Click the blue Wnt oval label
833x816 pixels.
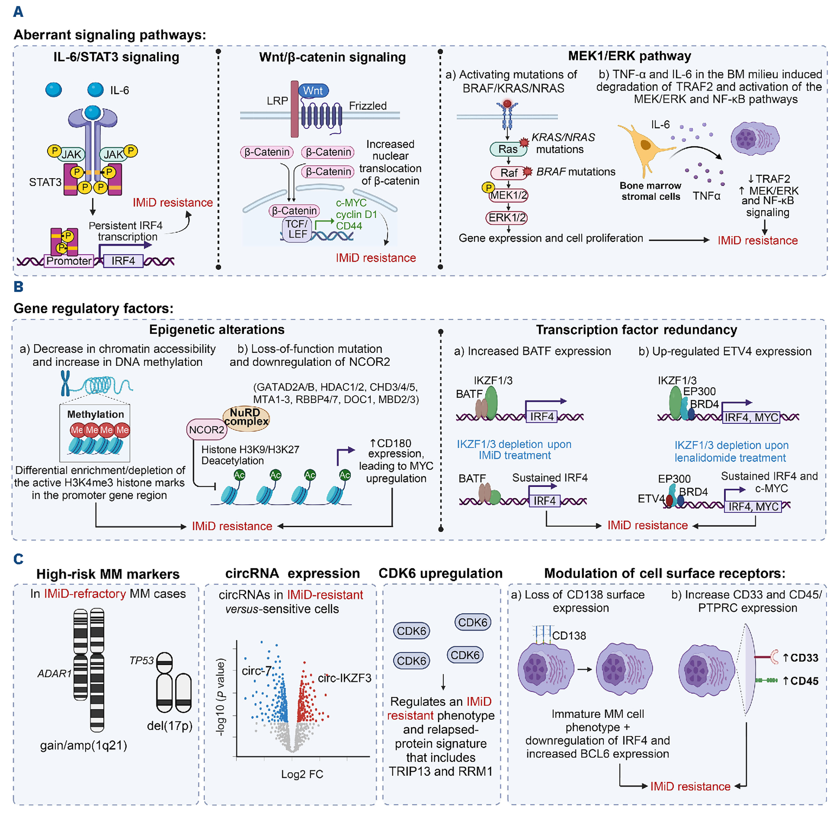313,91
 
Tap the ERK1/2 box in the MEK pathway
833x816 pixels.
507,218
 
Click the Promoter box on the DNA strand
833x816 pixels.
69,261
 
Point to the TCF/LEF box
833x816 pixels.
297,229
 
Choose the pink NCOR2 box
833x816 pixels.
207,430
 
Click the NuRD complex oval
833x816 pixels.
246,417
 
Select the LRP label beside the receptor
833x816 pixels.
277,101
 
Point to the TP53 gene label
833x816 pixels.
141,660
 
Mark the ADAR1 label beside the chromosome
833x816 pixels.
54,673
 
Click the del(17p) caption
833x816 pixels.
170,725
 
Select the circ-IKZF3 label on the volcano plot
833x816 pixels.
344,678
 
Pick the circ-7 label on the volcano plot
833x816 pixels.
256,670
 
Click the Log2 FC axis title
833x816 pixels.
302,774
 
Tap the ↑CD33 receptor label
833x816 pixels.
800,658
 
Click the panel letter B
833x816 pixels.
18,287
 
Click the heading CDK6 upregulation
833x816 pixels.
440,573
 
